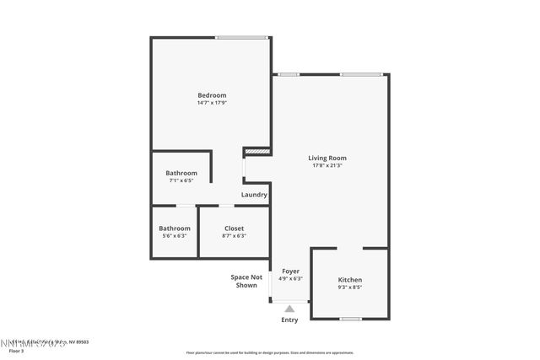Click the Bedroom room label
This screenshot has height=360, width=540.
coord(212,95)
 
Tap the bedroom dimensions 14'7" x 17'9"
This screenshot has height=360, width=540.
coord(212,104)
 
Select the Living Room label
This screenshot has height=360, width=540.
coord(327,158)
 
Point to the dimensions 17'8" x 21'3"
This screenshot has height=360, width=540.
coord(327,165)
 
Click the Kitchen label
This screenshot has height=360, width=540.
coord(350,279)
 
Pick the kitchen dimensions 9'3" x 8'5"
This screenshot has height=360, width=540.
coord(350,287)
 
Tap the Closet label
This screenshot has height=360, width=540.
coord(234,228)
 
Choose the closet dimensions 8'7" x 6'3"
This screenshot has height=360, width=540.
coord(234,235)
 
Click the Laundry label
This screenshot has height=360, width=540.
coord(254,195)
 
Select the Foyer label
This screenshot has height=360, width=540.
coord(290,271)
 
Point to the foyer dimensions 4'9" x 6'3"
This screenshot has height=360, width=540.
coord(290,278)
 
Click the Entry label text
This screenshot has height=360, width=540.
coord(289,320)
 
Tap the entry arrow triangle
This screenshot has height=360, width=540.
coord(289,309)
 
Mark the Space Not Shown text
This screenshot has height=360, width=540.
coord(246,281)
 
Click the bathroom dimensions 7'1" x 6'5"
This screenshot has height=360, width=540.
coord(181,180)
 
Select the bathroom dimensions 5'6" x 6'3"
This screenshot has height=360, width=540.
coord(175,235)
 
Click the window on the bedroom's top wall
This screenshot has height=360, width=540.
coord(241,37)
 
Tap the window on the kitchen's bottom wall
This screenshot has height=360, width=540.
coord(350,319)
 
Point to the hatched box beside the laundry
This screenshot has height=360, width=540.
coord(256,152)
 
